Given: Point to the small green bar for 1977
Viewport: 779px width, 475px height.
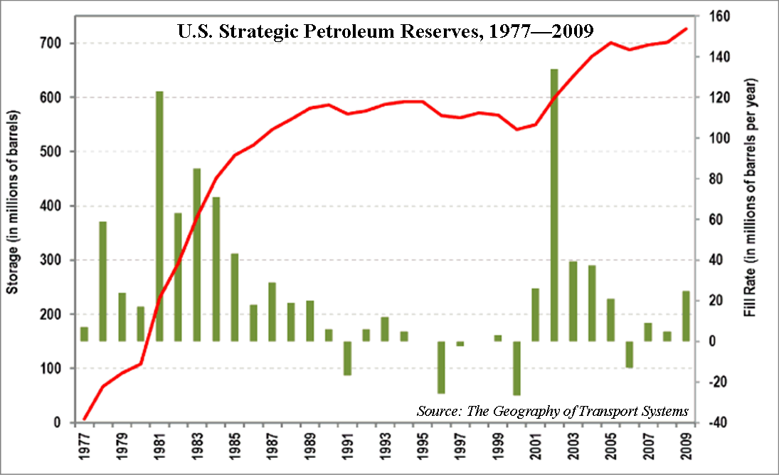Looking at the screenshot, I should [x=84, y=334].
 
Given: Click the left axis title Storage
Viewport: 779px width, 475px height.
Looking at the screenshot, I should [x=12, y=204].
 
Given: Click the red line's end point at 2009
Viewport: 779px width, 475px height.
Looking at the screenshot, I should [x=686, y=28].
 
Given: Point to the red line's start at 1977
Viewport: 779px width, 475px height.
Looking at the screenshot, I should [x=84, y=420].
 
